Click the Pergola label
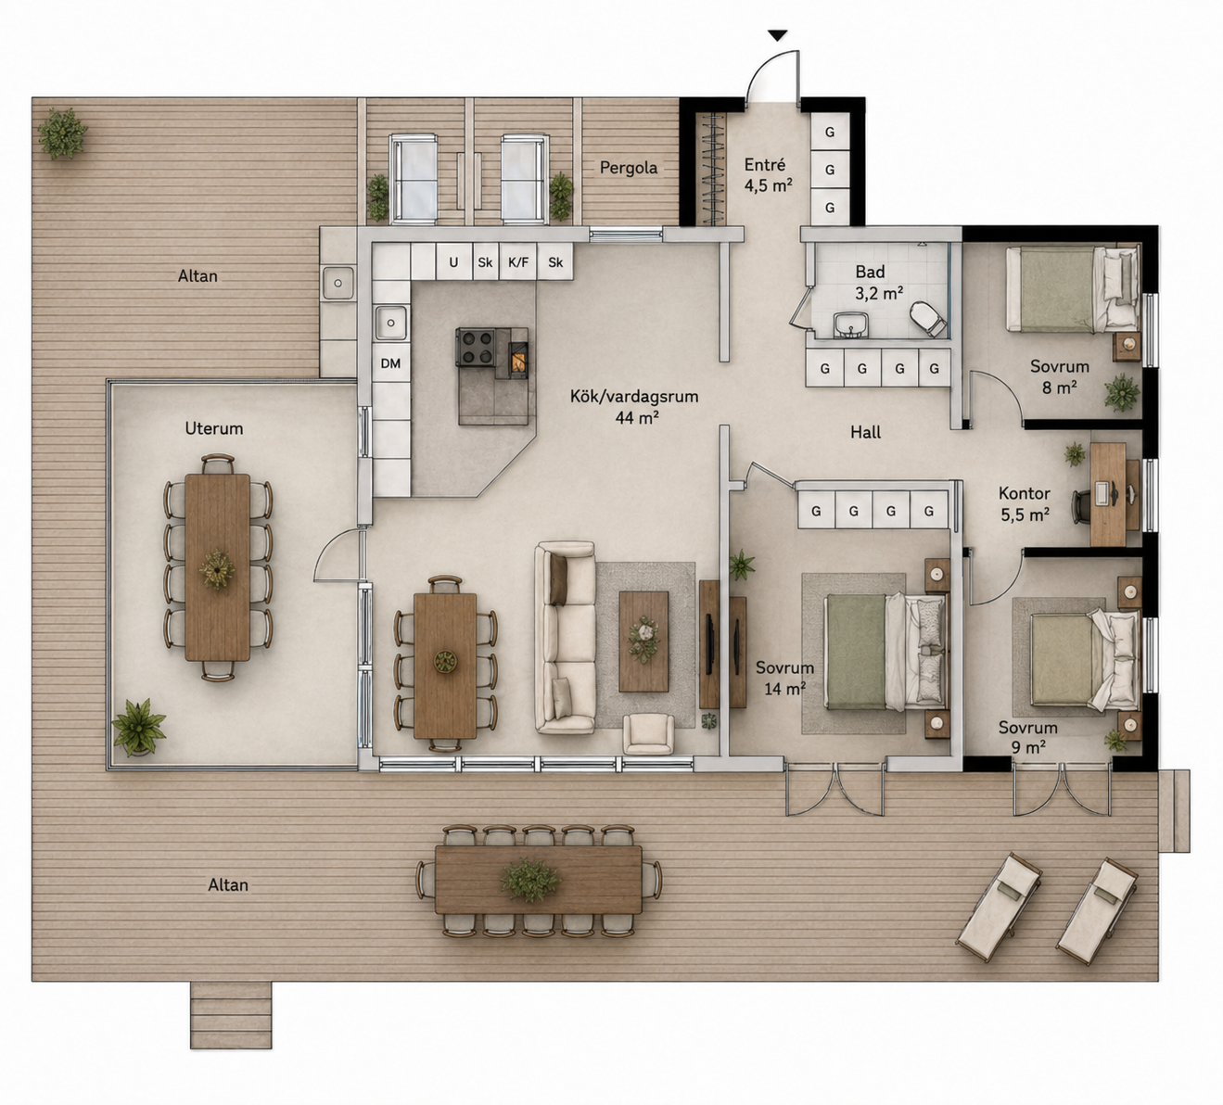(x=629, y=168)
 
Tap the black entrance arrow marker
(x=777, y=35)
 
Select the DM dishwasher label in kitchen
(x=390, y=363)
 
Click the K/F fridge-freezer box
(x=518, y=262)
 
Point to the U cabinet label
(x=453, y=262)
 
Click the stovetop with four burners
(x=476, y=347)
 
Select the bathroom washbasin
(x=852, y=325)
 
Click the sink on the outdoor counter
(x=338, y=283)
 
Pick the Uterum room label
(x=214, y=428)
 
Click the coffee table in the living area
(x=643, y=641)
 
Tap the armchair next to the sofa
(x=648, y=734)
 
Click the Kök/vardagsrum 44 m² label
(x=634, y=407)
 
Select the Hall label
(x=866, y=432)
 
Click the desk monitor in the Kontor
(x=1102, y=493)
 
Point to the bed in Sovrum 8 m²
(x=1073, y=289)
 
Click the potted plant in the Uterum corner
(x=139, y=727)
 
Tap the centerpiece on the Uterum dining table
(x=217, y=569)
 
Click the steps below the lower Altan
(x=231, y=1014)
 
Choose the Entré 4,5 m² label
(x=768, y=175)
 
